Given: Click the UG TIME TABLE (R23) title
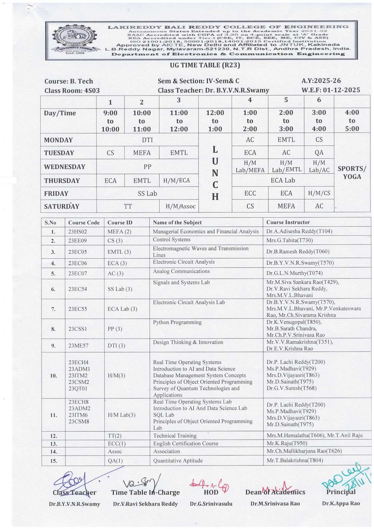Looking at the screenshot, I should tap(205, 65).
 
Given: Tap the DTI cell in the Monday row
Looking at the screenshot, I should tap(147, 140).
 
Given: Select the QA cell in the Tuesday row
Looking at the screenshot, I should tap(319, 153).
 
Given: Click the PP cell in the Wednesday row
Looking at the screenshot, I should tap(147, 167).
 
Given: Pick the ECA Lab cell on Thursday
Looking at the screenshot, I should tap(283, 180).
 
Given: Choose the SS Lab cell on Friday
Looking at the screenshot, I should tap(147, 194).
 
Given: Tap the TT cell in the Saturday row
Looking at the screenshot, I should tap(128, 206).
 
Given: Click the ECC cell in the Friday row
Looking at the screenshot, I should tap(250, 193).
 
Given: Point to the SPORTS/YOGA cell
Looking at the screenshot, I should tap(352, 172).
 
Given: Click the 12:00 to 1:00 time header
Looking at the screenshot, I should tap(215, 121).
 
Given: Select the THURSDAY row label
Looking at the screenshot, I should tap(62, 181).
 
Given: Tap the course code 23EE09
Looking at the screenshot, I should tap(78, 241).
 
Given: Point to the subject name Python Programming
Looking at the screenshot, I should tap(177, 322).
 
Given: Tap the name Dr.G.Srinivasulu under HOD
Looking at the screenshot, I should tap(211, 504).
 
